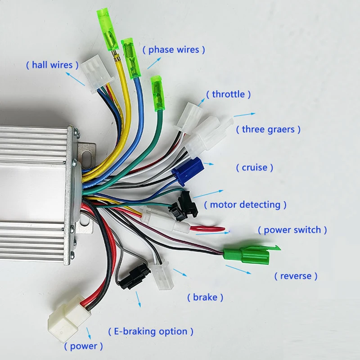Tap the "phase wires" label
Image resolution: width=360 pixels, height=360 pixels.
coord(174,49)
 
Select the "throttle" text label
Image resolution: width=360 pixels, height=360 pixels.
coord(228,94)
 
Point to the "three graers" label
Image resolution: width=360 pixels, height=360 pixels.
coord(268,130)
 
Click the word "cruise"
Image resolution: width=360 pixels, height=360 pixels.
coord(255,167)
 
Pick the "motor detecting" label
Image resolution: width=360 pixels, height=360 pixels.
coord(245,205)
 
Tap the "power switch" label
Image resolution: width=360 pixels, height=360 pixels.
coord(292,230)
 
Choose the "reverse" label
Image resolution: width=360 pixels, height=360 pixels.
coord(296,275)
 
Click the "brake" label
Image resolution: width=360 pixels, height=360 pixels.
coord(205,297)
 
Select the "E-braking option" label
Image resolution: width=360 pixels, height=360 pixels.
coord(151,332)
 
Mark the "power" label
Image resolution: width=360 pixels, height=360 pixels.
coord(83,346)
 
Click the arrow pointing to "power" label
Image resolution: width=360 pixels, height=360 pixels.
coord(89,333)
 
